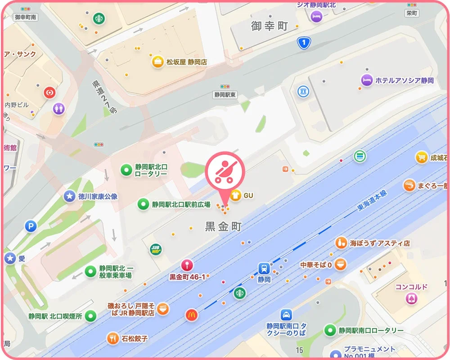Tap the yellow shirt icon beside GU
tap(235, 195)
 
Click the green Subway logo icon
tap(156, 249)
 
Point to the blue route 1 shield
tap(304, 43)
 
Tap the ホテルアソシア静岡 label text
tap(404, 81)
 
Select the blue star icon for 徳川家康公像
tap(69, 196)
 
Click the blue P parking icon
tap(31, 226)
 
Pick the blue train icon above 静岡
tap(264, 268)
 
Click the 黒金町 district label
tap(223, 226)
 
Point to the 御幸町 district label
tap(269, 26)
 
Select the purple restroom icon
tap(59, 108)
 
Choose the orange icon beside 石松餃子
tap(112, 338)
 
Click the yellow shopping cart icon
tap(421, 157)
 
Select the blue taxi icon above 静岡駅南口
tap(286, 315)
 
